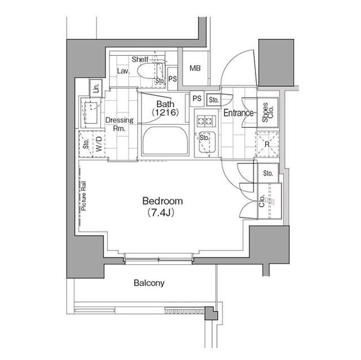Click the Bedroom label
click(162, 201)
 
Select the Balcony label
click(149, 283)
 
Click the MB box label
click(195, 69)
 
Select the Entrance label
click(239, 113)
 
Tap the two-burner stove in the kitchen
click(204, 119)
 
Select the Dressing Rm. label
click(119, 124)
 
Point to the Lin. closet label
click(96, 87)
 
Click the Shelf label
click(140, 59)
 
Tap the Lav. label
click(124, 72)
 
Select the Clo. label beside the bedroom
click(262, 201)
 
